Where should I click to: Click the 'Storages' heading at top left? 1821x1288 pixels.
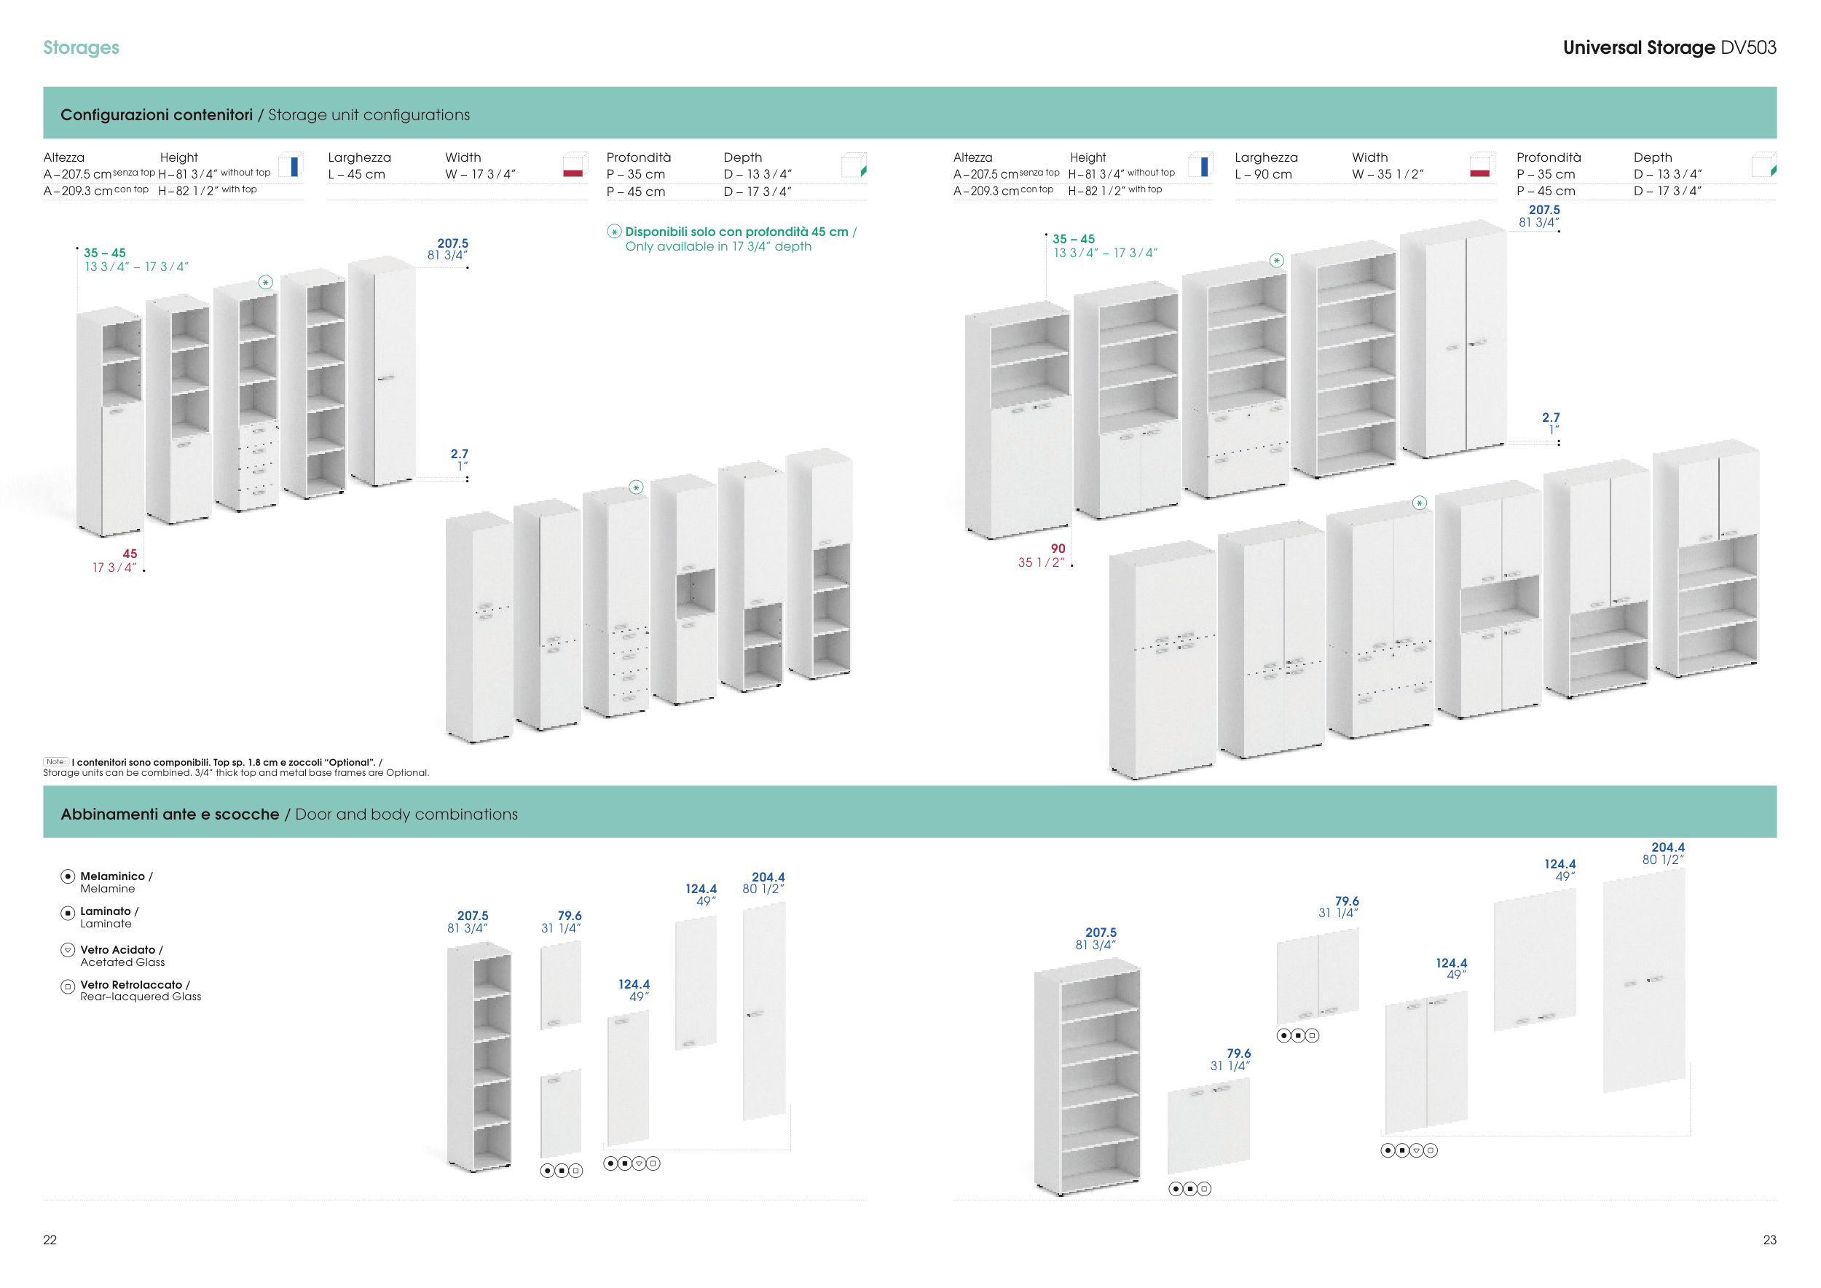point(81,47)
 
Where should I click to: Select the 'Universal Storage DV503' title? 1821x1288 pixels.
point(1669,47)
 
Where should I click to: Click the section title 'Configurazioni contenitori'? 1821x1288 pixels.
point(157,115)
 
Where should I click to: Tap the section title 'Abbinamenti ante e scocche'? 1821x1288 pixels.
point(170,814)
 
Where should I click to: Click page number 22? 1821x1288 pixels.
point(50,1240)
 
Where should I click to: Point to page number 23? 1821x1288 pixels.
point(1769,1240)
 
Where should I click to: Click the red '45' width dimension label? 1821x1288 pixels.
point(130,554)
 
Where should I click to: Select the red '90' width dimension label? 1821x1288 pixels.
point(1058,548)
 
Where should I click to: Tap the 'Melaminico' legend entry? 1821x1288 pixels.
point(112,876)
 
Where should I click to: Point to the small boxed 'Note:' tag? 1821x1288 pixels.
point(55,762)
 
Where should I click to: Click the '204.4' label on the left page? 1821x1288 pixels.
point(768,877)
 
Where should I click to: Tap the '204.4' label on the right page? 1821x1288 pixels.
point(1668,848)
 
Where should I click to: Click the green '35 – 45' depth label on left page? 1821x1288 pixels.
point(105,253)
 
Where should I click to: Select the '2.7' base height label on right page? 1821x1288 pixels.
point(1551,417)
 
